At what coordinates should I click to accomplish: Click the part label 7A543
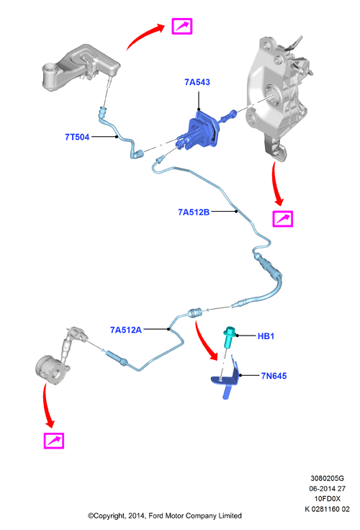tap(197, 82)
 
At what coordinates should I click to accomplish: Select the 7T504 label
tap(77, 137)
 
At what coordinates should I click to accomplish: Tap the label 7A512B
tap(194, 212)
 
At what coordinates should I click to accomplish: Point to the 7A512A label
tap(126, 330)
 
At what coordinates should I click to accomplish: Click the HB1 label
tap(266, 336)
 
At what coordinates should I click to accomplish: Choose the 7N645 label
tap(274, 376)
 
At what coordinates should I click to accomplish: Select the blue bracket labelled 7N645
tap(227, 379)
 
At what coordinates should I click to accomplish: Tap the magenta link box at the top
tap(182, 27)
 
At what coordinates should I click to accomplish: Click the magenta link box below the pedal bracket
tap(283, 219)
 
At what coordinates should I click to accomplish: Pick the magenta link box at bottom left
tap(54, 441)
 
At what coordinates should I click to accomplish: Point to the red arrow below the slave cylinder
tap(46, 405)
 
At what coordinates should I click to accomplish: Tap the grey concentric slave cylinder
tap(50, 370)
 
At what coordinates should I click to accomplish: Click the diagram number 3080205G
tap(327, 478)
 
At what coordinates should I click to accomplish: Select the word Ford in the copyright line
tap(156, 516)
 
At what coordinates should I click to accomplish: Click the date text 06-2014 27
tap(327, 488)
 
